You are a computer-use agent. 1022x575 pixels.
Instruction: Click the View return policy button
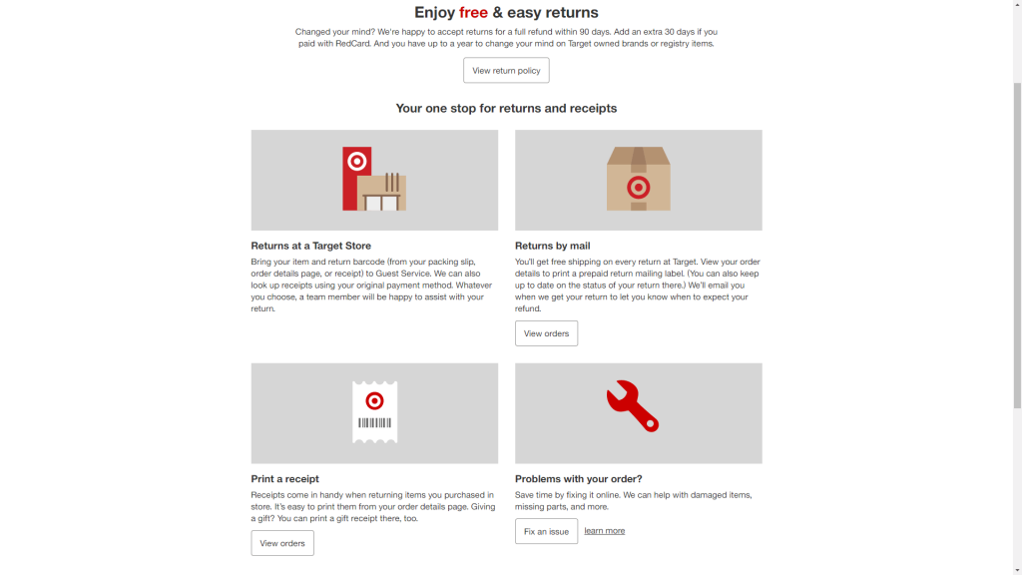pyautogui.click(x=506, y=71)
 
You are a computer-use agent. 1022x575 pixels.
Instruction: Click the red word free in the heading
pyautogui.click(x=473, y=12)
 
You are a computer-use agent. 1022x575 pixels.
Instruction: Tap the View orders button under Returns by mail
pyautogui.click(x=546, y=333)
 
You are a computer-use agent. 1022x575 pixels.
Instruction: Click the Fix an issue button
pyautogui.click(x=546, y=531)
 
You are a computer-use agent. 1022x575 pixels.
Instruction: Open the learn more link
pyautogui.click(x=604, y=531)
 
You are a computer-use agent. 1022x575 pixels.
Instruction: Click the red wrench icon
pyautogui.click(x=632, y=406)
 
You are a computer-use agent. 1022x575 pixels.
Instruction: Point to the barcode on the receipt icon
pyautogui.click(x=375, y=423)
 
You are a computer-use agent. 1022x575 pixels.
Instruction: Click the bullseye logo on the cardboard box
pyautogui.click(x=638, y=188)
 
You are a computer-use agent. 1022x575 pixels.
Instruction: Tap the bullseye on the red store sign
pyautogui.click(x=357, y=161)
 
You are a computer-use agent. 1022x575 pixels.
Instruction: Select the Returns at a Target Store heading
pyautogui.click(x=311, y=246)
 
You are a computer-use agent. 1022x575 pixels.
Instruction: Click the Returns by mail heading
pyautogui.click(x=553, y=246)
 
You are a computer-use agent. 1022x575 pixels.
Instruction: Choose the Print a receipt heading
pyautogui.click(x=284, y=478)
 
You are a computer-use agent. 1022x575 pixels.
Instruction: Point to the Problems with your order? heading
pyautogui.click(x=578, y=478)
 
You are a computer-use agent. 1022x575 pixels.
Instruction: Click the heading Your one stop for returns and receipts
pyautogui.click(x=506, y=108)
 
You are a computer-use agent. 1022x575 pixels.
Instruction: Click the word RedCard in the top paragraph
pyautogui.click(x=352, y=44)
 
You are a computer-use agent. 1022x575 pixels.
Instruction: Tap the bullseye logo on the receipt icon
pyautogui.click(x=375, y=401)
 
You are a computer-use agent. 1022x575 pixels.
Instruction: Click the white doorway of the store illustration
pyautogui.click(x=381, y=203)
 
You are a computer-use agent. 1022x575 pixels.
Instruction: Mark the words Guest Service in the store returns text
pyautogui.click(x=403, y=274)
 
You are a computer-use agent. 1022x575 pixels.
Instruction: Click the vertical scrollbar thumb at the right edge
pyautogui.click(x=1017, y=246)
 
